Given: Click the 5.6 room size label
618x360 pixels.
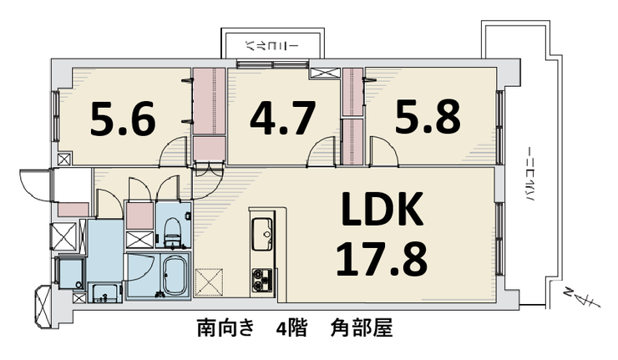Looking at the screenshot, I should (x=123, y=119).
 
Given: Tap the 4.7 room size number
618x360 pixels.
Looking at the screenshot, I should (x=283, y=119).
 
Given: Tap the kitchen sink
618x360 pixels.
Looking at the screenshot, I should (x=261, y=230).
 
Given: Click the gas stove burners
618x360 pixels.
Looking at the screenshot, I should (x=261, y=277).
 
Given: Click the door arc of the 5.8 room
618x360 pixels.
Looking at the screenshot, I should (x=383, y=152).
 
